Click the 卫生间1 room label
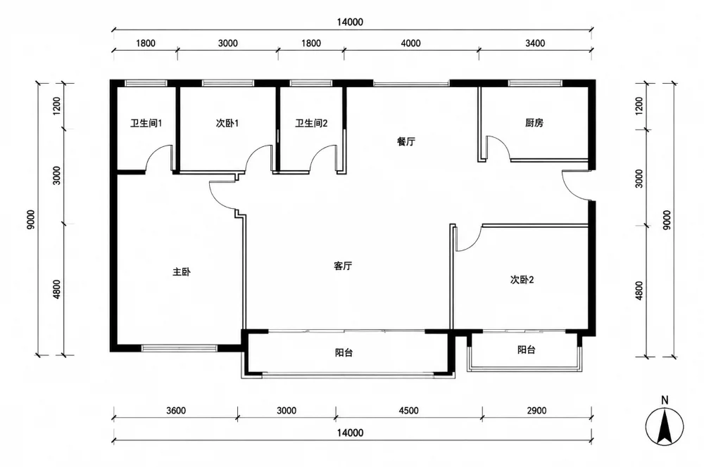(146, 123)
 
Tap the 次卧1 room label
(227, 123)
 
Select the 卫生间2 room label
(311, 123)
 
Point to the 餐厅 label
(406, 142)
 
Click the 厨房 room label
(534, 123)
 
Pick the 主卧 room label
(182, 272)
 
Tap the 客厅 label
(343, 266)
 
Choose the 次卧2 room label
(522, 280)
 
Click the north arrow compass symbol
(665, 427)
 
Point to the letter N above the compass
(665, 399)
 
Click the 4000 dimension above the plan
(411, 43)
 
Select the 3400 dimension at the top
(535, 43)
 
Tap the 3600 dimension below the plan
(175, 411)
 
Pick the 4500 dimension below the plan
(408, 411)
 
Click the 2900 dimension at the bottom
(536, 411)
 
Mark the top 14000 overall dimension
(350, 22)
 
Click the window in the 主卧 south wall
(180, 348)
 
